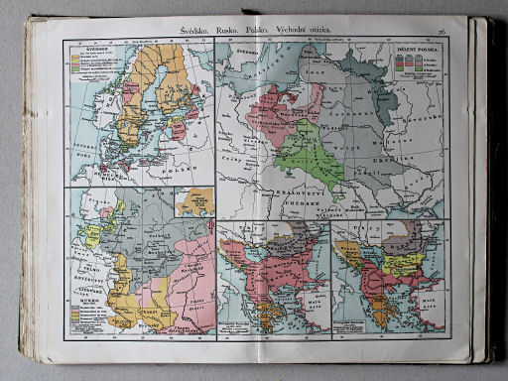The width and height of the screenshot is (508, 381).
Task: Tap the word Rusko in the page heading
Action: coord(235,33)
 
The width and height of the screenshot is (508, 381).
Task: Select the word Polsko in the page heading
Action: coord(271,33)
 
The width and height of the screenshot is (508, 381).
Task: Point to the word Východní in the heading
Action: coord(311,33)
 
